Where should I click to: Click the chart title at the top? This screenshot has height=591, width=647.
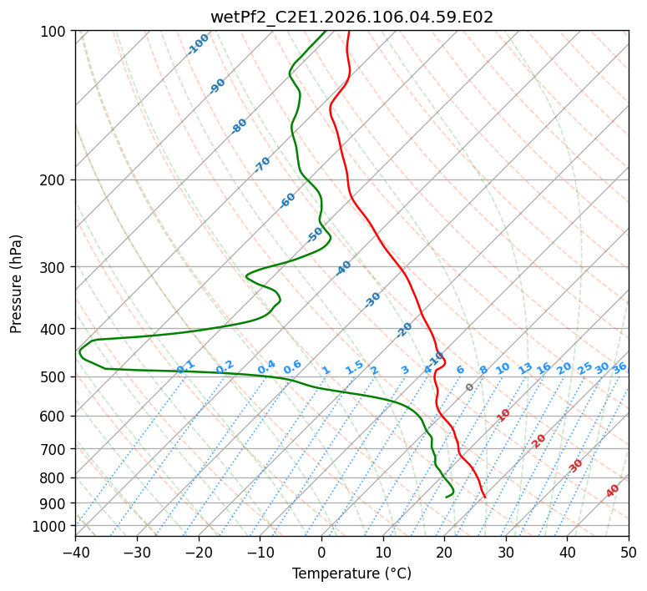351,17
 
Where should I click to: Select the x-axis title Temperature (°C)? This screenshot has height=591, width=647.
351,573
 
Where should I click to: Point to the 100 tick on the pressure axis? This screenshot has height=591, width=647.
55,32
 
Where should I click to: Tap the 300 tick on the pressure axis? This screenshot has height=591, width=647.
55,267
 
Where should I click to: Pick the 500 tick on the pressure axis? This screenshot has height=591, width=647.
55,376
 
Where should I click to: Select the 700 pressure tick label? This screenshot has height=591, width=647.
55,449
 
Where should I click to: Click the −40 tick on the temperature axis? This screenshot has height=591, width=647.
75,552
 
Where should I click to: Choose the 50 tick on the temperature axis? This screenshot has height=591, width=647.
629,552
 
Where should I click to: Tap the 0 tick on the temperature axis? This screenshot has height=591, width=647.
321,552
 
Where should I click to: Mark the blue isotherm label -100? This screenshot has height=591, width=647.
198,43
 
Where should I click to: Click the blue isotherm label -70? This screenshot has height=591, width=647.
262,164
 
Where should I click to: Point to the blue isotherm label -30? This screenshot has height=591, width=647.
372,299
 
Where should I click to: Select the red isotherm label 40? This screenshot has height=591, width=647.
613,491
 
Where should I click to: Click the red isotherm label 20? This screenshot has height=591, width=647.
539,440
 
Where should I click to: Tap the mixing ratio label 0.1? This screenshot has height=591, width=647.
185,367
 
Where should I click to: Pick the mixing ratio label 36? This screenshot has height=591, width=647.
619,367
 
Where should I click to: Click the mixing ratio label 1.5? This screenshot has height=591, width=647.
355,367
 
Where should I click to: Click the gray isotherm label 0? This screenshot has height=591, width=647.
470,387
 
